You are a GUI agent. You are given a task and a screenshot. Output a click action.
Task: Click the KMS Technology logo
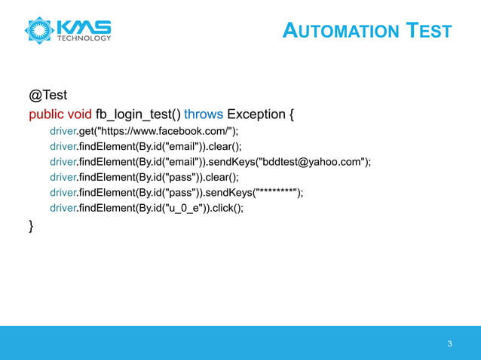68,30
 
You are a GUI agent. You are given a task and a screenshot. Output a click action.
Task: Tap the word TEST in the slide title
429,31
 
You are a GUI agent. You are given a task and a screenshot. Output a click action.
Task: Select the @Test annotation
47,96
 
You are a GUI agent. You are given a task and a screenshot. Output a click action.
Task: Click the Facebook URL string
166,131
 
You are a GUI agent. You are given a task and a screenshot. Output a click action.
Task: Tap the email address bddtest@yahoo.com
313,162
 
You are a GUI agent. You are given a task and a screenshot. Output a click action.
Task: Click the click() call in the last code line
227,209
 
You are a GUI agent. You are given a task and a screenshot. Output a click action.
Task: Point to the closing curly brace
31,226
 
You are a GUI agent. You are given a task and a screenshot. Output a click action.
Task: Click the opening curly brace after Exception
291,114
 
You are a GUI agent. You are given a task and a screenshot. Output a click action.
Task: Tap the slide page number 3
449,344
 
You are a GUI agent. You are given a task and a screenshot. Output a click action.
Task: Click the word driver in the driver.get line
64,131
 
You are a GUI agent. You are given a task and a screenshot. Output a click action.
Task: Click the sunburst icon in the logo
38,30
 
